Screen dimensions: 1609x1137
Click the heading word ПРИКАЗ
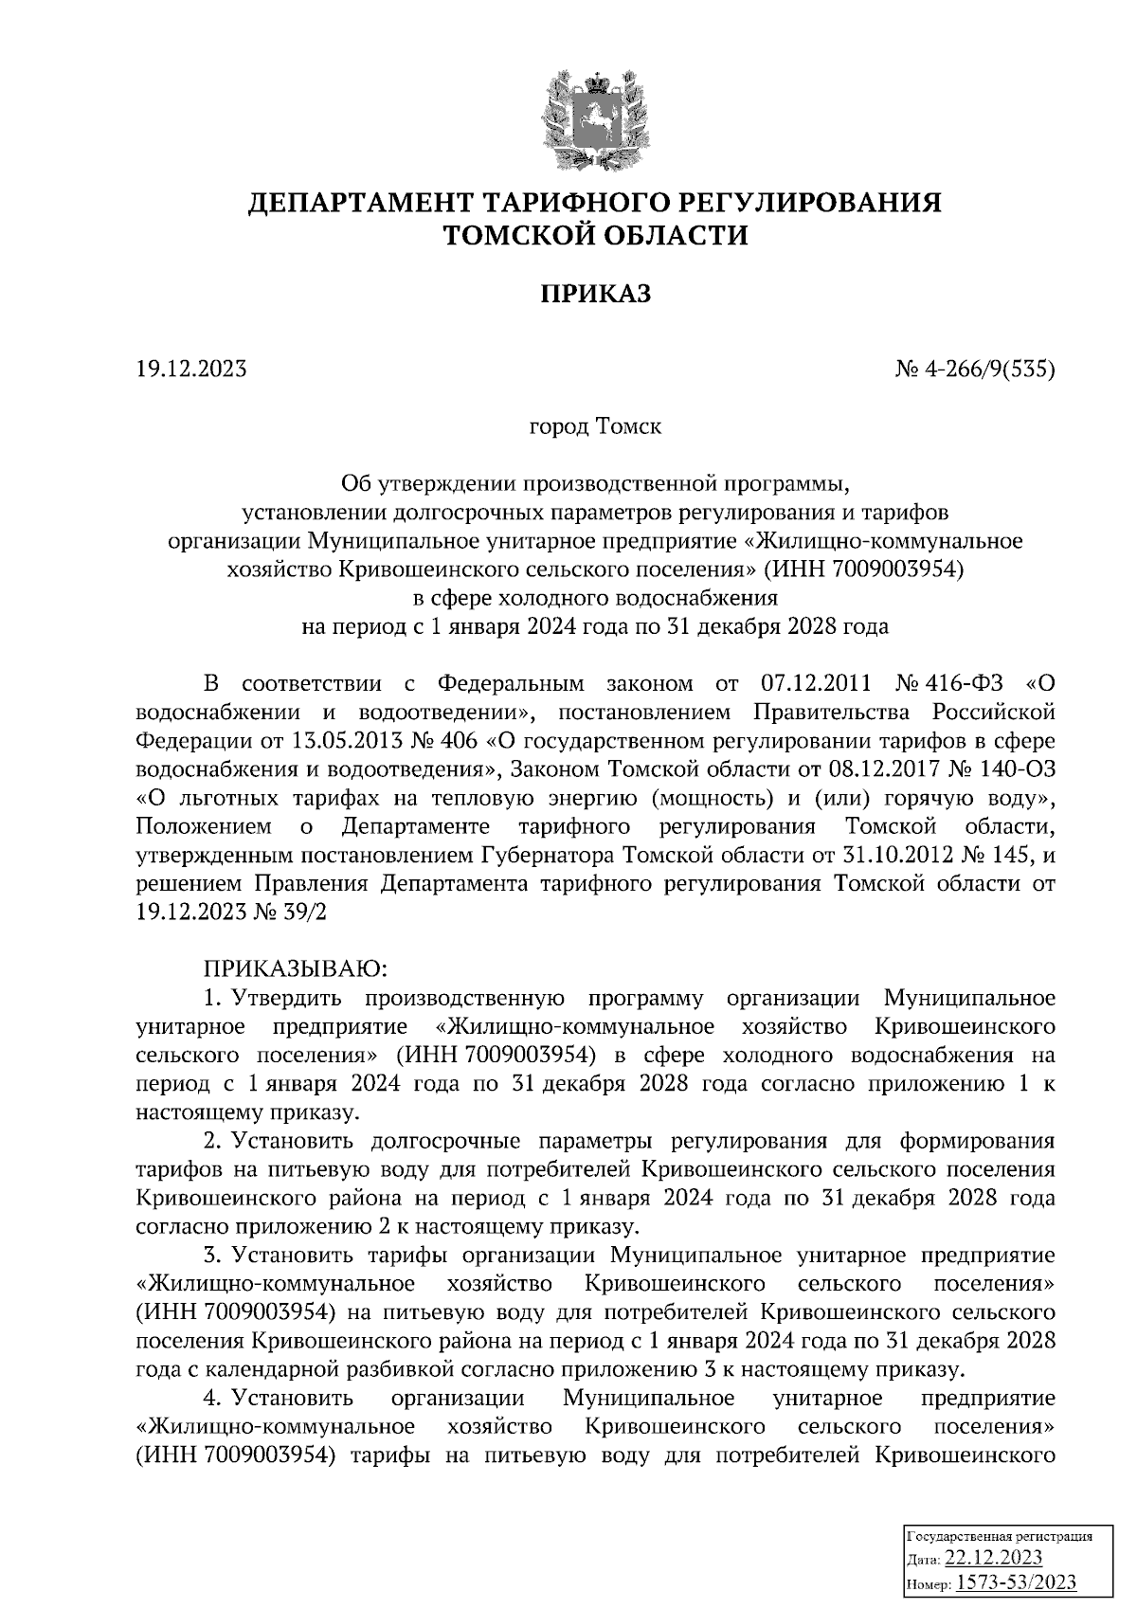click(x=595, y=295)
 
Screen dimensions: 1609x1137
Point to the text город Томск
click(x=595, y=426)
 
